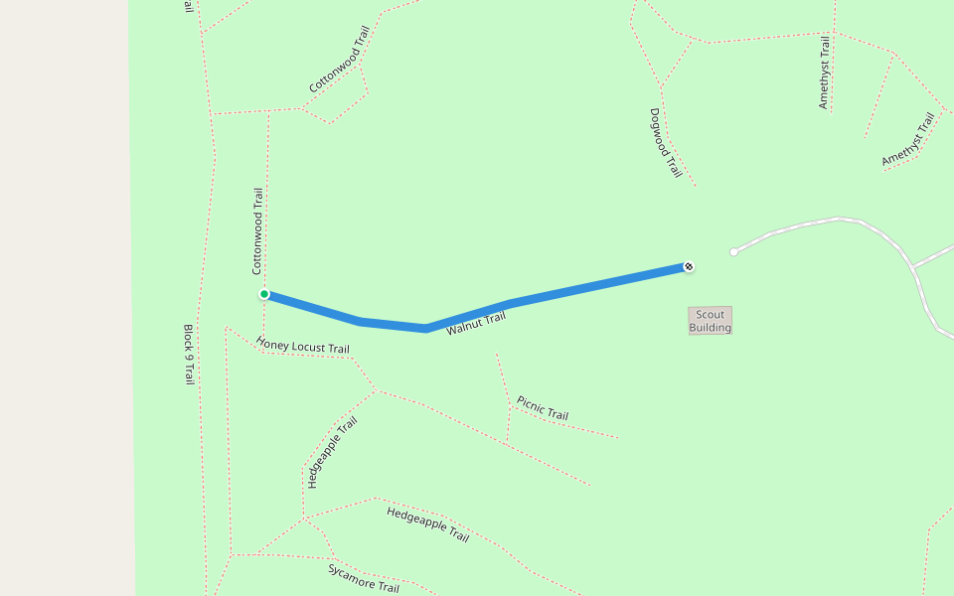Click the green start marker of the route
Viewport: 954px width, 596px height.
[264, 294]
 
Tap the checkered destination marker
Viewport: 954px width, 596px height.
[689, 266]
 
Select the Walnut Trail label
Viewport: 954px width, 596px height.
[476, 323]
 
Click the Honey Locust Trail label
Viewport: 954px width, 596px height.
[303, 345]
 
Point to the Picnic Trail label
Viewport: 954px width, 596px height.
[543, 408]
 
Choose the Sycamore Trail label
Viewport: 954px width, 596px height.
[364, 578]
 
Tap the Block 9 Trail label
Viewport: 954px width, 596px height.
[188, 354]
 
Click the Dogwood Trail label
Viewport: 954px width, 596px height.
[666, 143]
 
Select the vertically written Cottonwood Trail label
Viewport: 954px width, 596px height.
[257, 231]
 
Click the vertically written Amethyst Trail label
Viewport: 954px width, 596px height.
[824, 72]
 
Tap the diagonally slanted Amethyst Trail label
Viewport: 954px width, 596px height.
[908, 140]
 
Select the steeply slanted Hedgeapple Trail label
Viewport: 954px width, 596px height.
[332, 453]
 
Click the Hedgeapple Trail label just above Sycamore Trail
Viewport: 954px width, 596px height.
[427, 523]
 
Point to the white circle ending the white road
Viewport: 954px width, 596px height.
[733, 252]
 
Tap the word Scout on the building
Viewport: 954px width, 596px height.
[710, 314]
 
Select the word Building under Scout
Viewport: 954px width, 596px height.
[710, 327]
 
